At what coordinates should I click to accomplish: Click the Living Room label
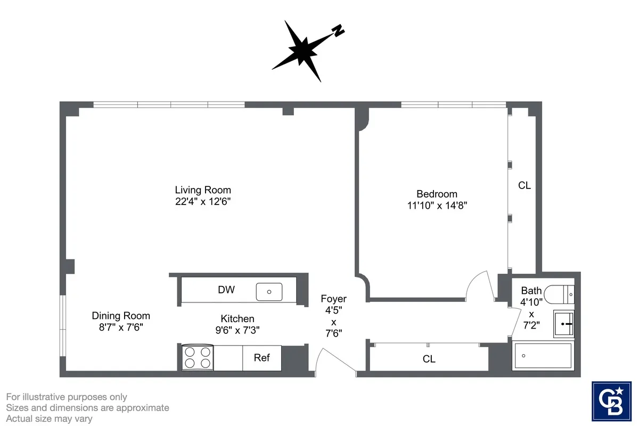pyautogui.click(x=203, y=190)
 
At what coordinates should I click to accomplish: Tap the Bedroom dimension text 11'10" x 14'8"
pyautogui.click(x=437, y=205)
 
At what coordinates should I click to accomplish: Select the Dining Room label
pyautogui.click(x=121, y=316)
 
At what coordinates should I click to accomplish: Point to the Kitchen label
pyautogui.click(x=237, y=318)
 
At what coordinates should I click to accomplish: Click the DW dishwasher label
pyautogui.click(x=226, y=290)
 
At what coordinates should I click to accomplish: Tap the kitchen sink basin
pyautogui.click(x=269, y=291)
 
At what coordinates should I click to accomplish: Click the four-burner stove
pyautogui.click(x=196, y=358)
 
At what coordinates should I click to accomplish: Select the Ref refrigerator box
pyautogui.click(x=261, y=358)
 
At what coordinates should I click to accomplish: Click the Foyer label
pyautogui.click(x=333, y=299)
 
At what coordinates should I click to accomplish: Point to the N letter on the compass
pyautogui.click(x=337, y=31)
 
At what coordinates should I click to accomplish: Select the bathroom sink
pyautogui.click(x=563, y=323)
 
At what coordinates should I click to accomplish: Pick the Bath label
pyautogui.click(x=531, y=291)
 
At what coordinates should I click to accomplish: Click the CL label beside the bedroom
pyautogui.click(x=525, y=186)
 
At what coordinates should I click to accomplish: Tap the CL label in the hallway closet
pyautogui.click(x=429, y=359)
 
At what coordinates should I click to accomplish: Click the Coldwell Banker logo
pyautogui.click(x=611, y=400)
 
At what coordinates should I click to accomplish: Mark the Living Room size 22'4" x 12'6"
pyautogui.click(x=203, y=202)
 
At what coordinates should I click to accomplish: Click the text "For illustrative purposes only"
pyautogui.click(x=67, y=397)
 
